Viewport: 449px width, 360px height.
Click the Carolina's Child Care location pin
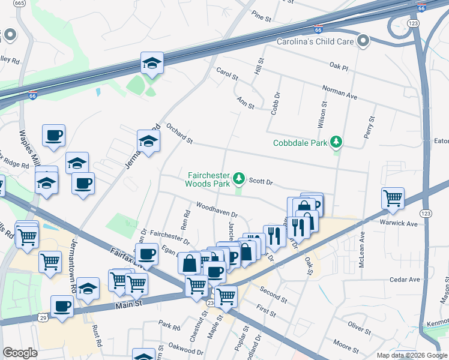point(363,41)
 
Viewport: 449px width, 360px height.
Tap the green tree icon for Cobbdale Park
point(337,142)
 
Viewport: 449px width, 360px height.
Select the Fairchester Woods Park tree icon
point(240,178)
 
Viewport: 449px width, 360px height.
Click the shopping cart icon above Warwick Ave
point(393,198)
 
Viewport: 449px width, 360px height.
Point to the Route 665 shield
point(20,3)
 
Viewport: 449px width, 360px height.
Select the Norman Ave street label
point(340,92)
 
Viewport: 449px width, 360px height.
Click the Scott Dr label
point(261,181)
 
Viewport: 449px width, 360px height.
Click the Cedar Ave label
point(405,280)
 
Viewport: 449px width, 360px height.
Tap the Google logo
point(20,353)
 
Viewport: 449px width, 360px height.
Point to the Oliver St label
point(361,327)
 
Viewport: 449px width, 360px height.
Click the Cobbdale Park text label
point(301,143)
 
